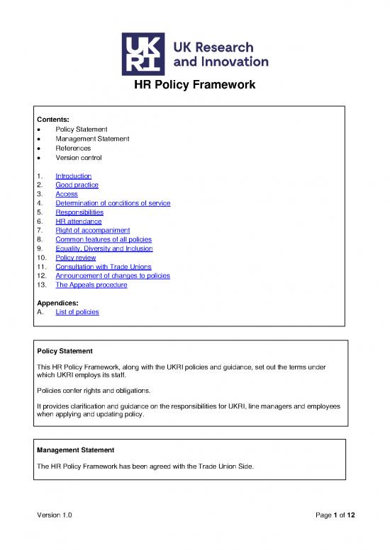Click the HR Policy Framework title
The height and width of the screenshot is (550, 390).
195,86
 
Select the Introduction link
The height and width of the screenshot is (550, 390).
73,176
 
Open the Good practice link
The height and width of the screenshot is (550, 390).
77,185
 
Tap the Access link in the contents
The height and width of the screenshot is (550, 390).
67,194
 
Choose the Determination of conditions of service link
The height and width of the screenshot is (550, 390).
113,203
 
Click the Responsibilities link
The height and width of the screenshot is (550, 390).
79,212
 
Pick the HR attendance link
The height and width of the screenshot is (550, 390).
77,222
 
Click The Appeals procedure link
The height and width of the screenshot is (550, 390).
91,286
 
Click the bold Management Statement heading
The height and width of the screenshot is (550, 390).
74,449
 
